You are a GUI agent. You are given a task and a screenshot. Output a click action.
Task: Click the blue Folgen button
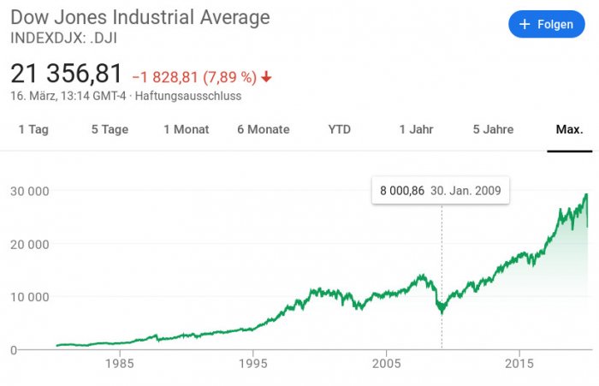(x=546, y=25)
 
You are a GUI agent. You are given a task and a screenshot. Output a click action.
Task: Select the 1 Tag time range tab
(x=33, y=129)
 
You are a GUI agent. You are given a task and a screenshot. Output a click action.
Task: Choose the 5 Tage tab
(x=110, y=129)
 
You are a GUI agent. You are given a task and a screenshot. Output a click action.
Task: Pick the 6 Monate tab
(x=264, y=129)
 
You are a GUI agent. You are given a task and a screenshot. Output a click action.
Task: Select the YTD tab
(x=340, y=129)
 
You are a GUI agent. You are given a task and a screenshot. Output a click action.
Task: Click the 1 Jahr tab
(x=416, y=129)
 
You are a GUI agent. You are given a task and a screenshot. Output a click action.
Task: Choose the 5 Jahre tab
(x=493, y=129)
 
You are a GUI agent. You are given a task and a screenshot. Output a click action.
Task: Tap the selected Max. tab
(x=569, y=129)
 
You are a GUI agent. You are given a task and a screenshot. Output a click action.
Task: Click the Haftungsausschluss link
(x=188, y=96)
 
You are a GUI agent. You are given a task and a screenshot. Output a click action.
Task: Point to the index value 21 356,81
(x=67, y=74)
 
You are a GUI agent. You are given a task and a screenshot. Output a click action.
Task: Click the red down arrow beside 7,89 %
(x=266, y=76)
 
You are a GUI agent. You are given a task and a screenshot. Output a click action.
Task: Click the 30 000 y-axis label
(x=27, y=191)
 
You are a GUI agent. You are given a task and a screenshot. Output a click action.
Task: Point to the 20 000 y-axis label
(x=27, y=244)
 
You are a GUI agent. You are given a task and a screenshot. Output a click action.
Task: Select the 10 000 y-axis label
(x=27, y=297)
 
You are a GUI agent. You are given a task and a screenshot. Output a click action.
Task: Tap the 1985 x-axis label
(x=119, y=363)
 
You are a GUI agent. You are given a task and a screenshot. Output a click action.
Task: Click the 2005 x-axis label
(x=386, y=363)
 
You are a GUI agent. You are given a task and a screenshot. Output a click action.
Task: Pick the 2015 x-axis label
(x=519, y=363)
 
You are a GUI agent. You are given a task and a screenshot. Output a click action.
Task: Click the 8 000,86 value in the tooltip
(x=402, y=190)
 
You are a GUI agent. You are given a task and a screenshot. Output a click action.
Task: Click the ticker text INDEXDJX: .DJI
(x=64, y=38)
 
